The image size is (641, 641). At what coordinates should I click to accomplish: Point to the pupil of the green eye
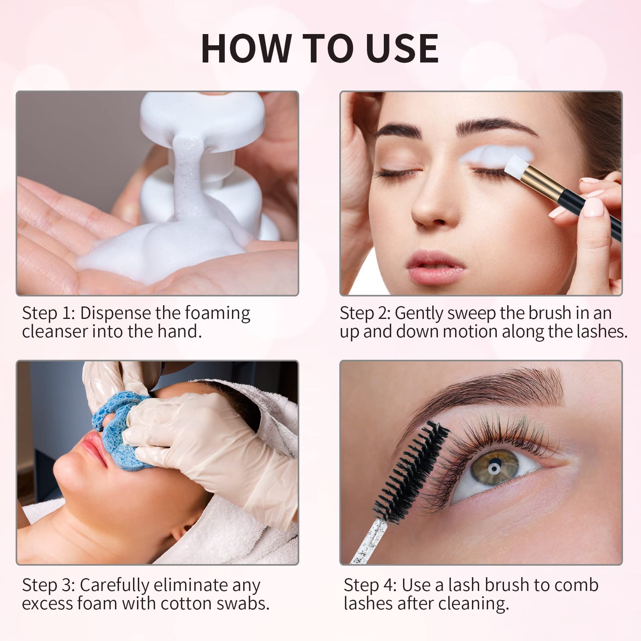(494, 468)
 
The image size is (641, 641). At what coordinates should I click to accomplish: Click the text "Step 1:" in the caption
(48, 313)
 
